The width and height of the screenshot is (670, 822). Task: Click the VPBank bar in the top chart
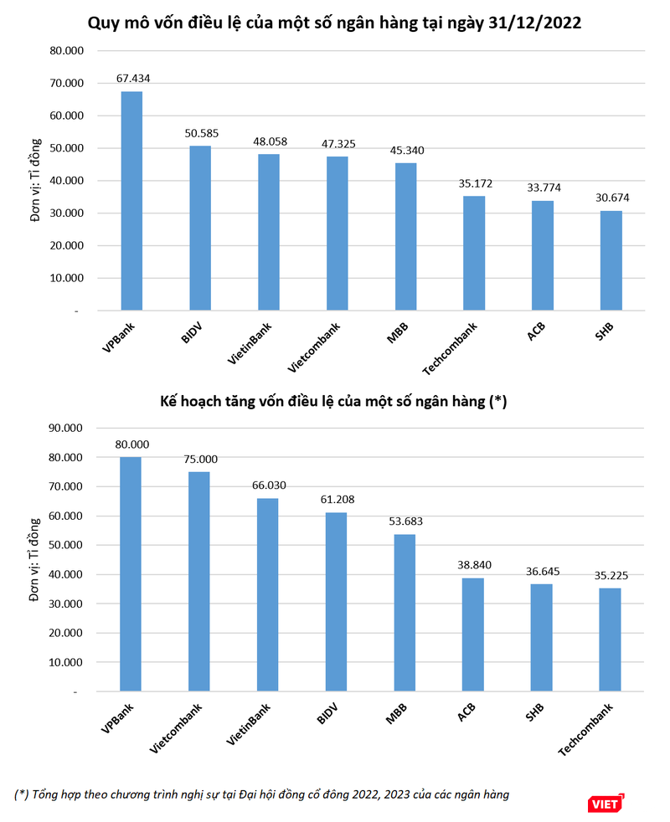pyautogui.click(x=131, y=201)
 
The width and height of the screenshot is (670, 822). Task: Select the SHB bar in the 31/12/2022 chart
pyautogui.click(x=611, y=260)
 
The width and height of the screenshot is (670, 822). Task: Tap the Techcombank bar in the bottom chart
pyautogui.click(x=610, y=640)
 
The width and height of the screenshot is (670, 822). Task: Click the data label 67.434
pyautogui.click(x=132, y=79)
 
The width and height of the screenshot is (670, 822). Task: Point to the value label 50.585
pyautogui.click(x=200, y=132)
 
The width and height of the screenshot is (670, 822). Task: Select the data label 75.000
pyautogui.click(x=199, y=459)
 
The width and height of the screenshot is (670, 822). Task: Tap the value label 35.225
pyautogui.click(x=610, y=575)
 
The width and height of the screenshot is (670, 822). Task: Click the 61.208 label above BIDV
pyautogui.click(x=336, y=500)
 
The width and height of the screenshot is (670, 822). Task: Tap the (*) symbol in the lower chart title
pyautogui.click(x=497, y=402)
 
